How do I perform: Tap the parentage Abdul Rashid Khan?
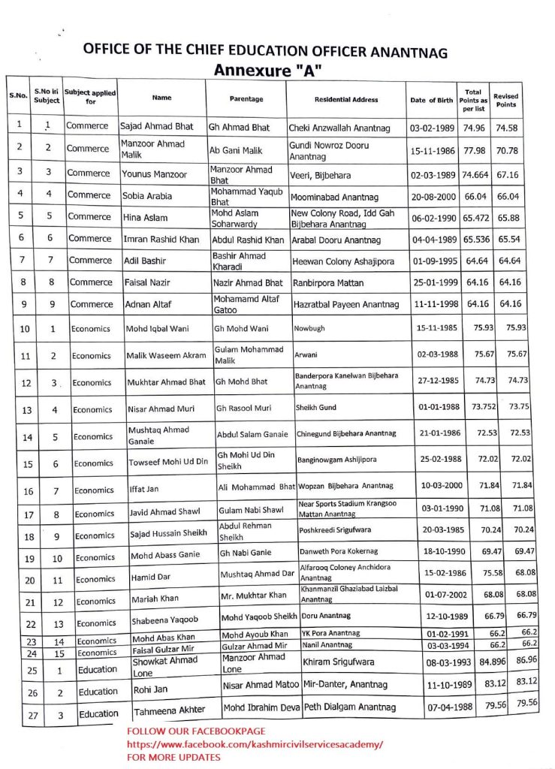246,240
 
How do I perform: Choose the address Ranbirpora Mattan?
327,283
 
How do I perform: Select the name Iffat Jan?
142,490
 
